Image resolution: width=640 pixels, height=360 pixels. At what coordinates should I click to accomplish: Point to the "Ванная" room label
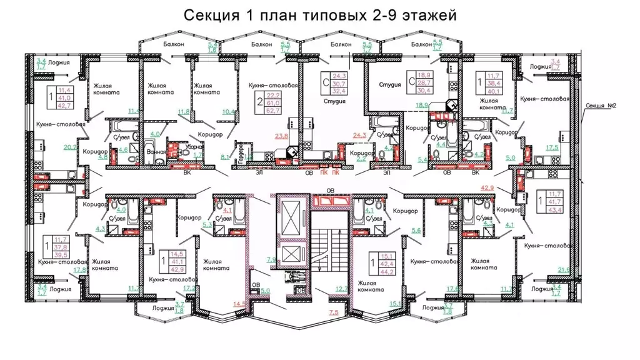point(157,151)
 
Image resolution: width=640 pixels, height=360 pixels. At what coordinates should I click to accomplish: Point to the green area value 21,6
point(563,269)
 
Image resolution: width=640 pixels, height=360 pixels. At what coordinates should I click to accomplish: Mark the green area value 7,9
point(271,258)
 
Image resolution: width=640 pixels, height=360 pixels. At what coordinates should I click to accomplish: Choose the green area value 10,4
point(228,112)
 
